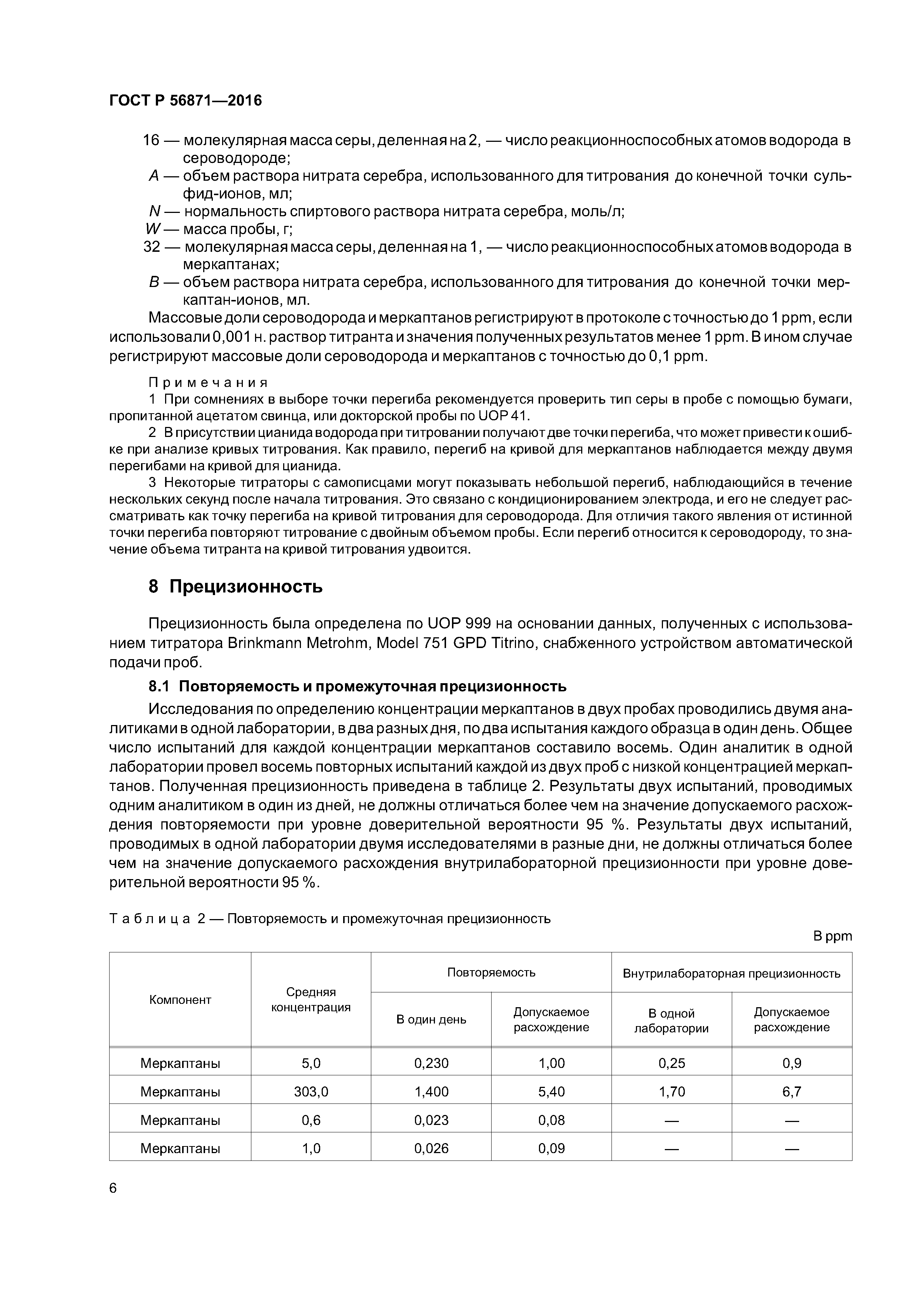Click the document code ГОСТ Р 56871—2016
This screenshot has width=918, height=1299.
coord(185,101)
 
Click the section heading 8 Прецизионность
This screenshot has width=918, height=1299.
coord(235,587)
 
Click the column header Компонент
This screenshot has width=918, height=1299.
coord(180,1000)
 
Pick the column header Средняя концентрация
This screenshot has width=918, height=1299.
coord(311,1000)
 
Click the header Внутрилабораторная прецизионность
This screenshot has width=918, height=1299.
coord(731,974)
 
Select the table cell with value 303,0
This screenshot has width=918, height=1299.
coord(311,1091)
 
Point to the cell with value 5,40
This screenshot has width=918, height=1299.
coord(552,1091)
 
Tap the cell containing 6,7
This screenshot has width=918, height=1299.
coord(791,1091)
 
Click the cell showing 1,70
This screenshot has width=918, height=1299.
coord(671,1091)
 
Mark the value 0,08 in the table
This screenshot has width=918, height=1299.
coord(552,1120)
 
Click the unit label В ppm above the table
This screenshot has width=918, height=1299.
coord(832,936)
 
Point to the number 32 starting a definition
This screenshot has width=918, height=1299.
coord(152,247)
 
